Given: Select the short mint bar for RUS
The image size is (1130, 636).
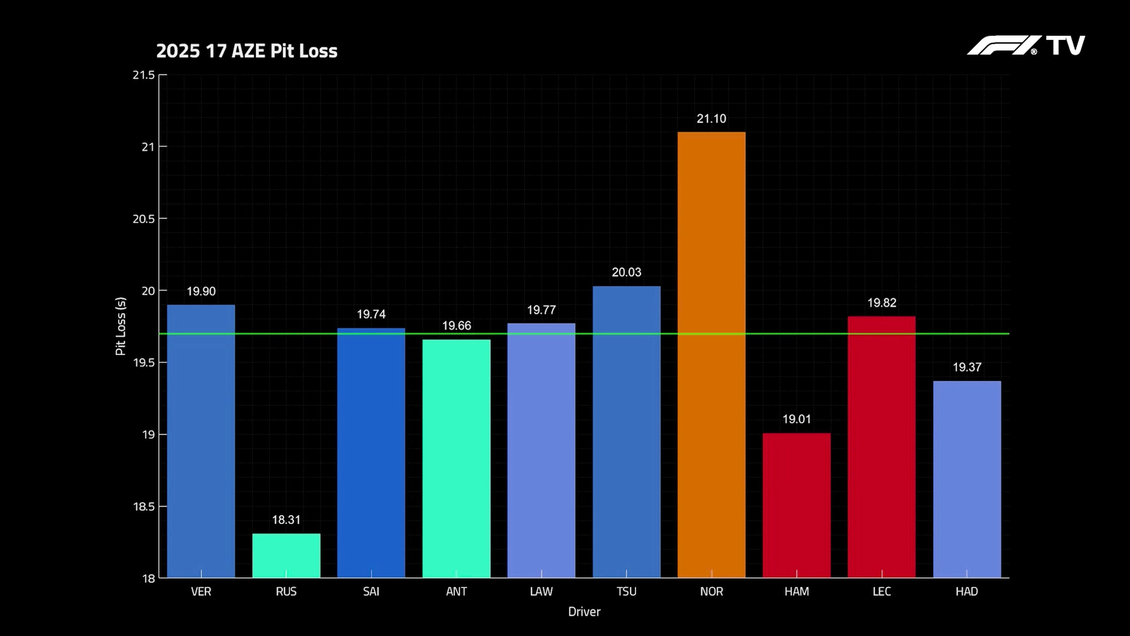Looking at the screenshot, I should point(286,555).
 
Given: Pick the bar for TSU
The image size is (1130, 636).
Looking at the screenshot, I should point(627,432).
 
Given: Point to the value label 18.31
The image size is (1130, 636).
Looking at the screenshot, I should point(286,520).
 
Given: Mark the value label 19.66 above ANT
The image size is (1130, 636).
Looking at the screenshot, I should point(456,326).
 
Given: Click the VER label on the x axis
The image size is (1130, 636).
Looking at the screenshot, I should point(201,592).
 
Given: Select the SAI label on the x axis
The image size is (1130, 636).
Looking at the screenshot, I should point(371,592).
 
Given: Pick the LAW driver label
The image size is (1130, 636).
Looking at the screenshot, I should point(541,592).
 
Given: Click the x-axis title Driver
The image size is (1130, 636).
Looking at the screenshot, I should point(584,612).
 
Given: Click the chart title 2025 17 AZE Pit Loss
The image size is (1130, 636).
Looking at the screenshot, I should point(247,51).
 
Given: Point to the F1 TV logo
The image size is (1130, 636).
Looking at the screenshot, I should point(1026,46).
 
